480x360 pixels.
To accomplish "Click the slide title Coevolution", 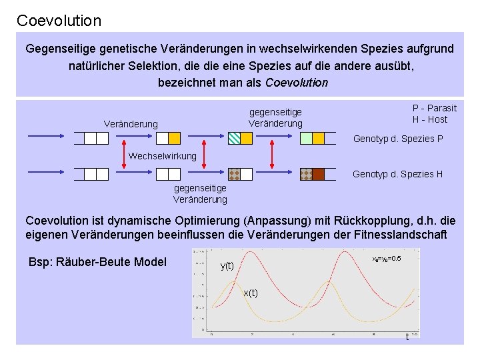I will (59, 21).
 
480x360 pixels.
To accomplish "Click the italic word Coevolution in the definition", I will (297, 83).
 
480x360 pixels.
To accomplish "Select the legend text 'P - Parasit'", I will (435, 108).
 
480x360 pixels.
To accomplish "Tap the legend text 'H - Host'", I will (430, 119).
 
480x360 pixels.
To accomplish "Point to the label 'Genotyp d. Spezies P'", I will (398, 139).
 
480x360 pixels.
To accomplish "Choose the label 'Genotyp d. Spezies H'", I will (398, 174).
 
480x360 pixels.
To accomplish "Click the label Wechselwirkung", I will (163, 156).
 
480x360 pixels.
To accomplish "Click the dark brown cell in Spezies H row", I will (318, 174).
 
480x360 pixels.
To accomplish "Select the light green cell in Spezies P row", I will (306, 138).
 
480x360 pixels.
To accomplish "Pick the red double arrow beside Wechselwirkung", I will (125, 156).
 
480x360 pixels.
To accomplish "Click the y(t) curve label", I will (227, 265).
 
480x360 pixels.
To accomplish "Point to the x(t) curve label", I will (251, 293).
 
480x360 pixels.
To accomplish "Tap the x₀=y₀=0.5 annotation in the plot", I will (386, 258).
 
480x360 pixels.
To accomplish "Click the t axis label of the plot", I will (407, 337).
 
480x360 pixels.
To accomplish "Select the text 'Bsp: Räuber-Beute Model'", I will (97, 261).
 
